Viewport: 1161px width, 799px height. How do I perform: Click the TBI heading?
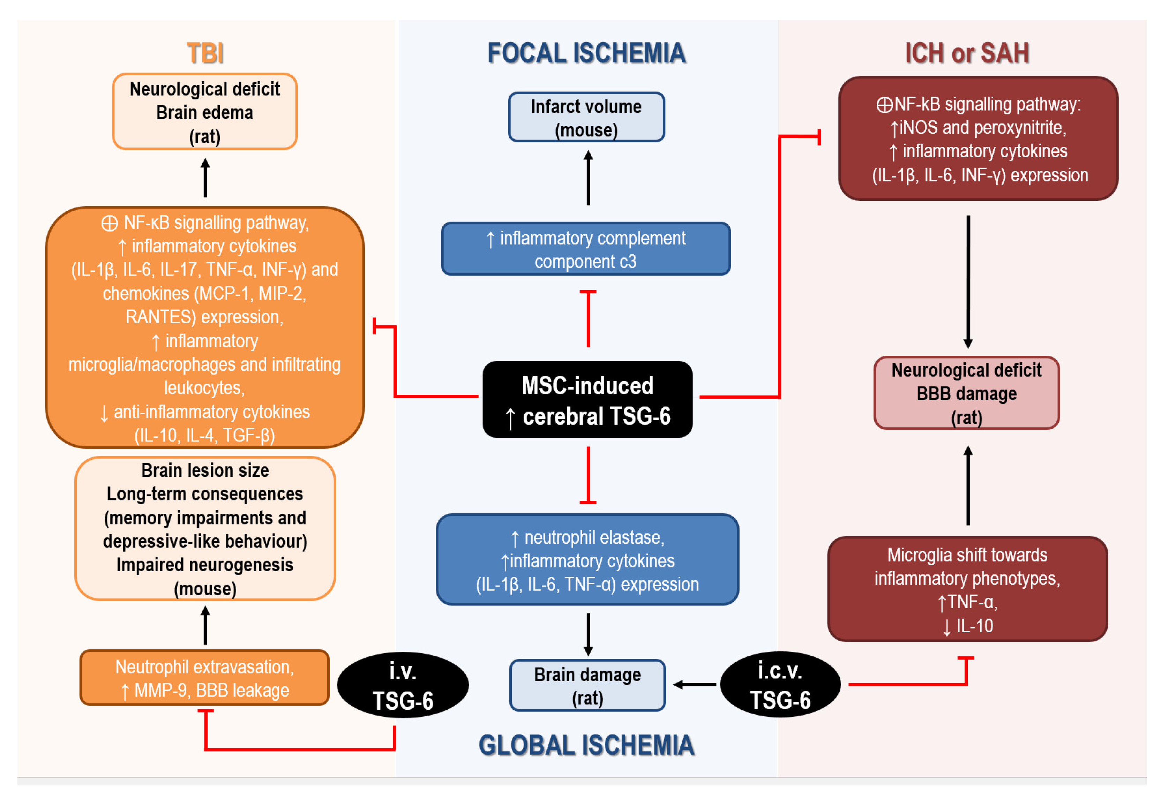coord(205,53)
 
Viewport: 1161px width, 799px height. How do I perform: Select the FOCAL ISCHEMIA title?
coord(586,53)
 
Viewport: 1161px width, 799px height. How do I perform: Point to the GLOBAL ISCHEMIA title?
coord(586,745)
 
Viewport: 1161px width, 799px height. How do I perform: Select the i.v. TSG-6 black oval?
coord(403,685)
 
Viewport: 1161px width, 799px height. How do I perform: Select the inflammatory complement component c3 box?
coord(585,249)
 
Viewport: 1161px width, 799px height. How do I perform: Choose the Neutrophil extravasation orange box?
coord(204,678)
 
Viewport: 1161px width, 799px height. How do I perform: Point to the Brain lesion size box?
coord(205,529)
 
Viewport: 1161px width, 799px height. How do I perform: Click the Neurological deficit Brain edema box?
coord(205,112)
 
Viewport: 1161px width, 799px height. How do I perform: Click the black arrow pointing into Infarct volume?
coord(588,178)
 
